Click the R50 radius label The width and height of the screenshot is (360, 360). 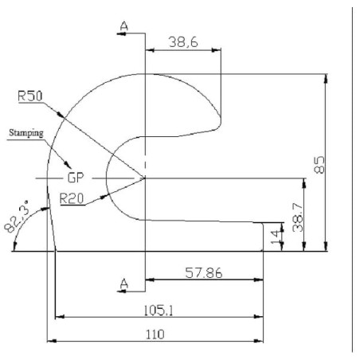tap(30, 96)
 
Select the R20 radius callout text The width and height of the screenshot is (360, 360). tap(72, 198)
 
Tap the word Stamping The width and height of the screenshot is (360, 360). tap(26, 133)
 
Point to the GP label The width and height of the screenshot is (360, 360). tap(76, 178)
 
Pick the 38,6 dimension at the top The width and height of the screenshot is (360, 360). tap(183, 42)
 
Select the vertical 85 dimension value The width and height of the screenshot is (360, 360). tap(319, 165)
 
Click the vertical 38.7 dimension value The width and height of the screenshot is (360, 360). tap(298, 217)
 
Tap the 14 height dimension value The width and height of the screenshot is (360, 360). tap(276, 237)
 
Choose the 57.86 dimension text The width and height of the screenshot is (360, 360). tap(204, 273)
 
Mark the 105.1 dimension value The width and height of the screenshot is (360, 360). tap(158, 311)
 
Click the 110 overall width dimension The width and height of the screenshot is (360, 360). tap(155, 335)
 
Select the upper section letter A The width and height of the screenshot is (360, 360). tap(124, 26)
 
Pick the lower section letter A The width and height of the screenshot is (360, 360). tap(124, 284)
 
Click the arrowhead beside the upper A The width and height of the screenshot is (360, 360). tap(121, 33)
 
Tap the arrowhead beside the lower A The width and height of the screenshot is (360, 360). tap(121, 292)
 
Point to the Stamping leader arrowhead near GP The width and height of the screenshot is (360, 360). tap(68, 165)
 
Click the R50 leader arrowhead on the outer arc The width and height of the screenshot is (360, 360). tap(61, 115)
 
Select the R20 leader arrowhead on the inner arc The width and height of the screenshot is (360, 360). tap(104, 197)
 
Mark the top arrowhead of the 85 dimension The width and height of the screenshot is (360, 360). tap(327, 79)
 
